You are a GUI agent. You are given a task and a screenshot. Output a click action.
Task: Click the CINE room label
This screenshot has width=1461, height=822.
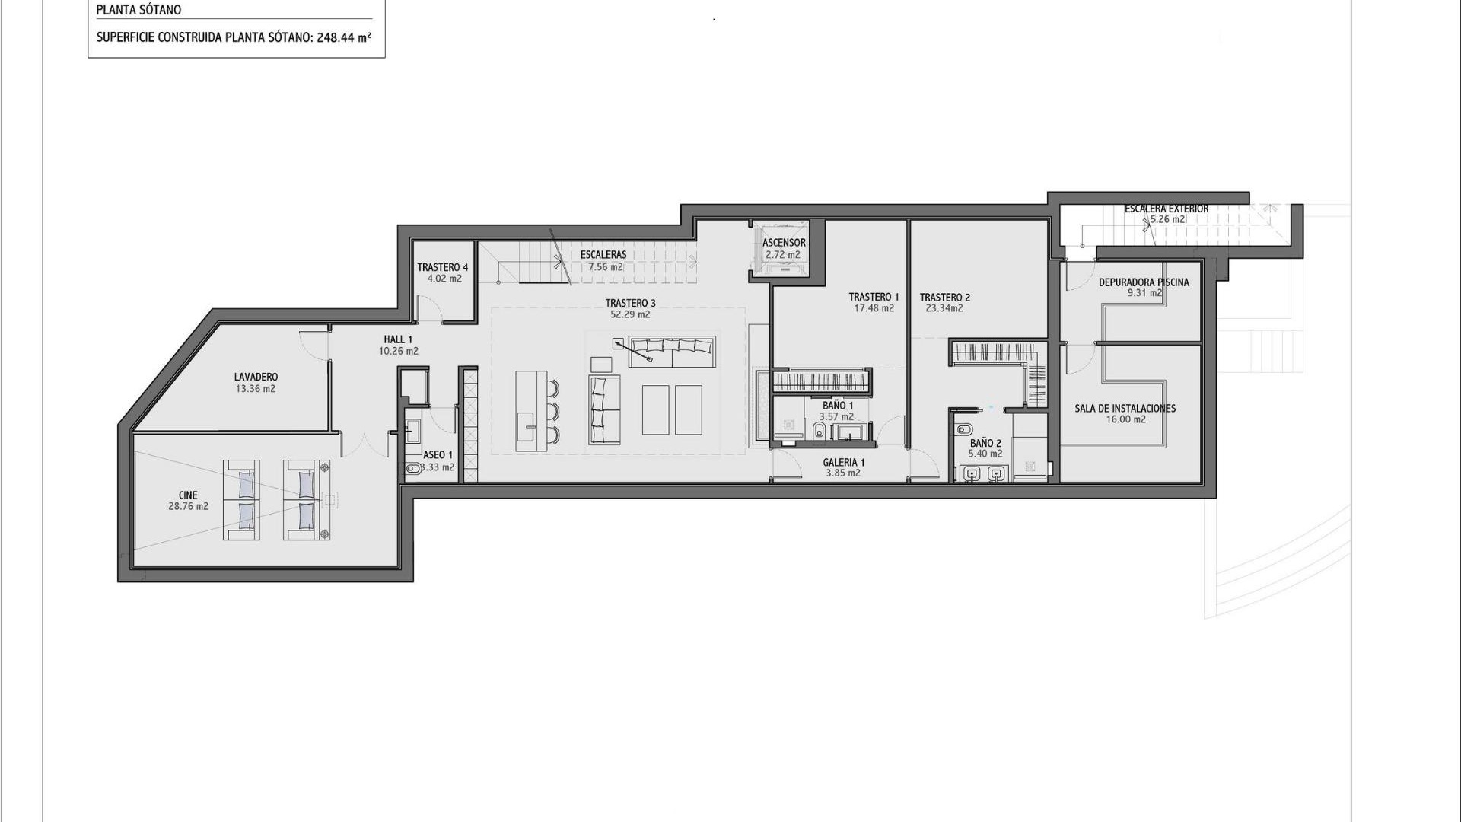(188, 495)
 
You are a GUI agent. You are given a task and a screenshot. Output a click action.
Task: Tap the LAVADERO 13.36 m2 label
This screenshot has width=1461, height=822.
(256, 383)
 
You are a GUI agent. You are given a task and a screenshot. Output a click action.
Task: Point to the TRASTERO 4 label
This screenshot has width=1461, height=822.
(443, 268)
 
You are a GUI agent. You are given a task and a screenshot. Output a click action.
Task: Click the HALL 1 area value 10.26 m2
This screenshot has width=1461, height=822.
(399, 352)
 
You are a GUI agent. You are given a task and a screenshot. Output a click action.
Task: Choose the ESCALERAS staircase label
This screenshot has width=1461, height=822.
(603, 255)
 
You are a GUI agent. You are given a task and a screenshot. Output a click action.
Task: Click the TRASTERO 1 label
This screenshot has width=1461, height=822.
(874, 298)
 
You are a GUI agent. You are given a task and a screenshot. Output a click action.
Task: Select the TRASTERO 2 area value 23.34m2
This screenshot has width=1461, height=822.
(944, 309)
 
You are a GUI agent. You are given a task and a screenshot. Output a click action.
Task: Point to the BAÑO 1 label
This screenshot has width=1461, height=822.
(837, 406)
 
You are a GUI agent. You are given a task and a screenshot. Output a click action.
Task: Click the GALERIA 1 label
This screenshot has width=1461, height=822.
(843, 462)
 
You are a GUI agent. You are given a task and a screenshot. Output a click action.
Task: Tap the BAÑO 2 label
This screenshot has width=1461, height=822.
(985, 443)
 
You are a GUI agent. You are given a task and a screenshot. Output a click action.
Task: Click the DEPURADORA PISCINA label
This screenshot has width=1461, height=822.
(1144, 282)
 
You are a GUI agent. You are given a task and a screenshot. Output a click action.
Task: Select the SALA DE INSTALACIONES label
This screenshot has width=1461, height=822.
(1125, 409)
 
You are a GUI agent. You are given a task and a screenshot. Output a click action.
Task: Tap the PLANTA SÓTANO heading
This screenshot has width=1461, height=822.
(138, 11)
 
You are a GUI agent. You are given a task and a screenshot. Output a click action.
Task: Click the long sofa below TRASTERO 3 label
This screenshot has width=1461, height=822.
(672, 352)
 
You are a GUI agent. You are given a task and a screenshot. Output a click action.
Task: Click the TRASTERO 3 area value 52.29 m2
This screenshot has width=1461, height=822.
(630, 314)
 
